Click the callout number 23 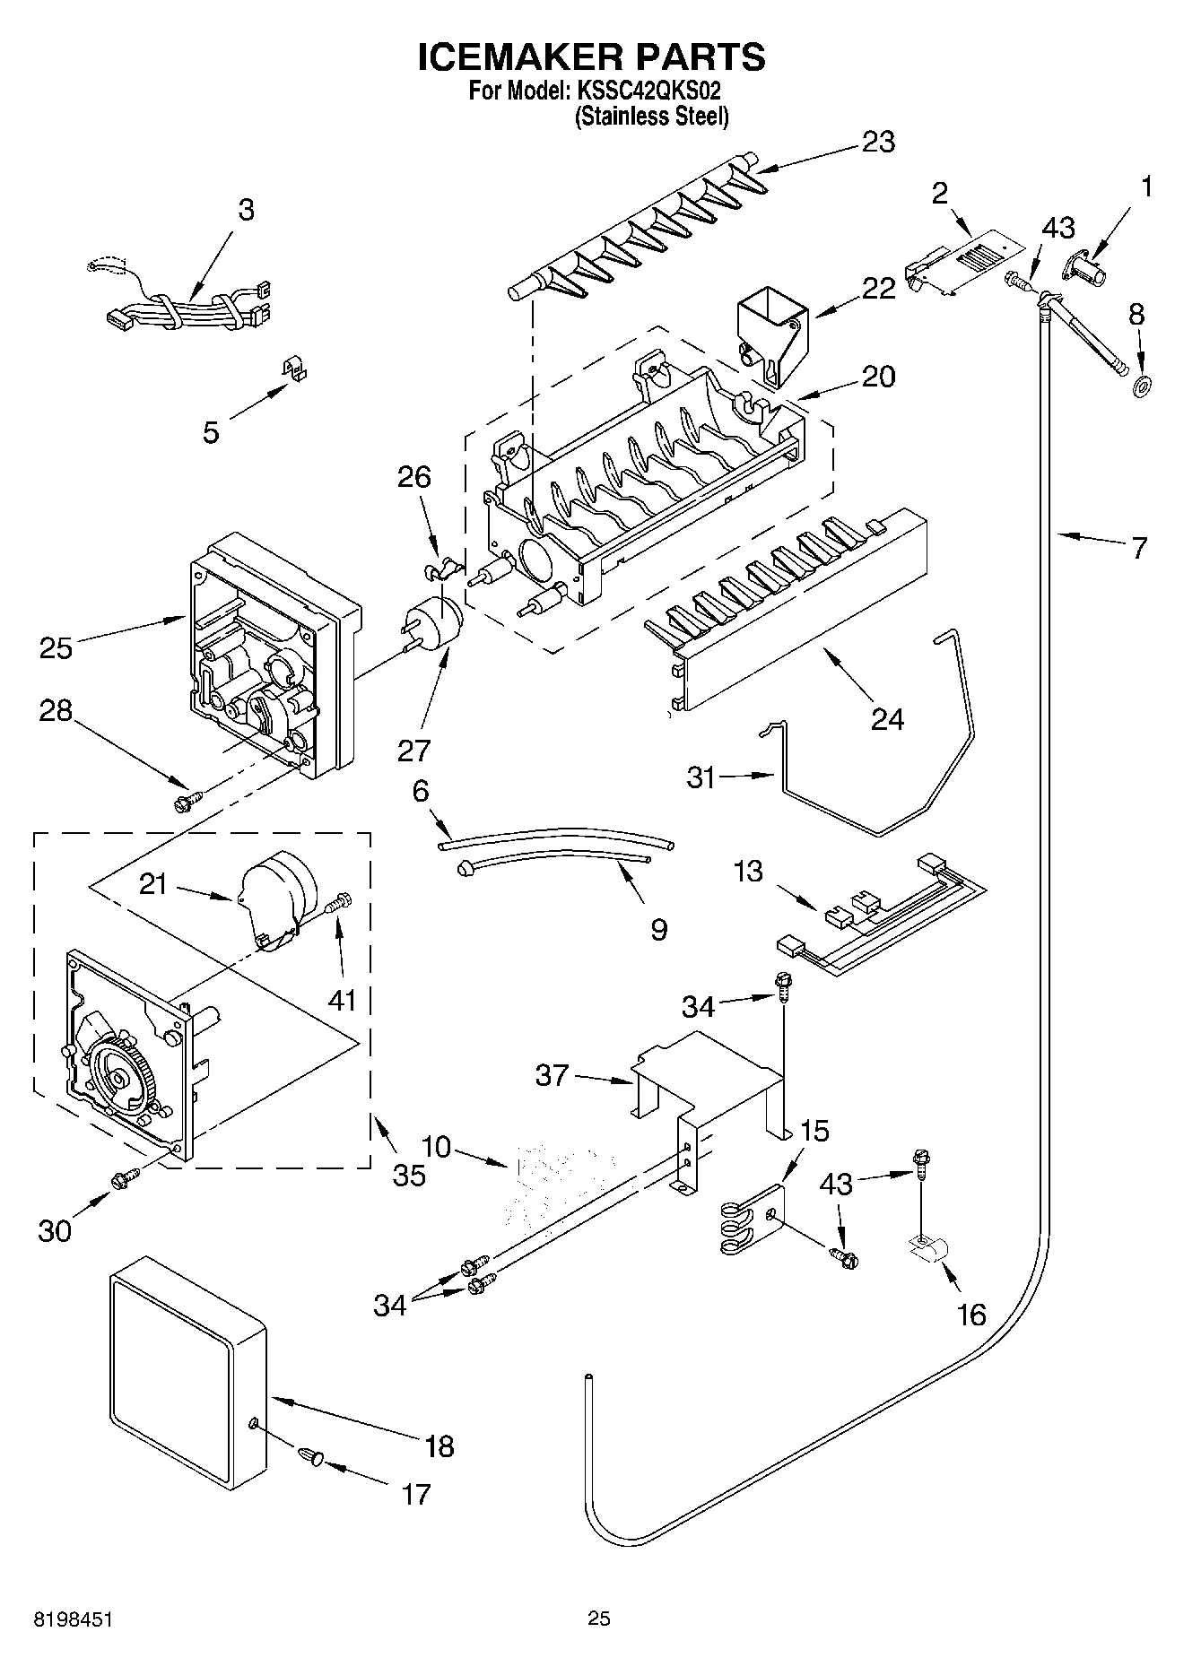878,142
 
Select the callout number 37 552,1074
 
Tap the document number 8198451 74,1619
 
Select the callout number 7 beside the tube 1137,547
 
